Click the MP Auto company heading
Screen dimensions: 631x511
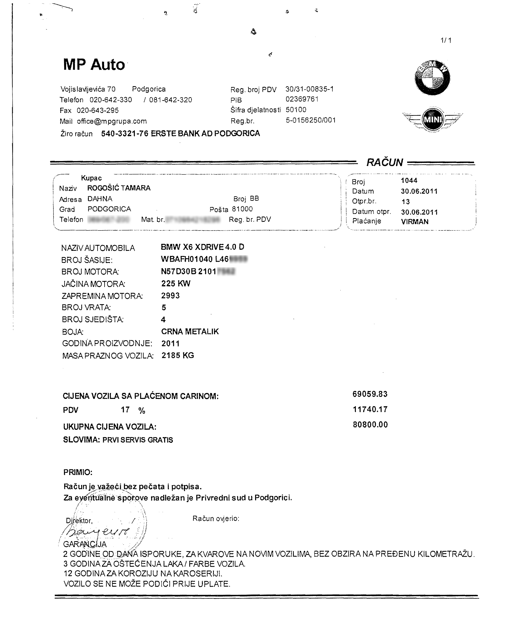pyautogui.click(x=94, y=64)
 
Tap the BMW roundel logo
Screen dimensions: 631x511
pyautogui.click(x=432, y=78)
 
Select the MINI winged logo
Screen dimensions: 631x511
pyautogui.click(x=432, y=119)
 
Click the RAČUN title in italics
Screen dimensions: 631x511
pyautogui.click(x=384, y=162)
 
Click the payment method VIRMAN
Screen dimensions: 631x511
pyautogui.click(x=414, y=222)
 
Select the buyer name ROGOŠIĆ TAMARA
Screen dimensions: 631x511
pyautogui.click(x=119, y=188)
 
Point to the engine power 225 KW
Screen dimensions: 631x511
pyautogui.click(x=176, y=283)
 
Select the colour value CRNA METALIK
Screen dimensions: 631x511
pyautogui.click(x=190, y=332)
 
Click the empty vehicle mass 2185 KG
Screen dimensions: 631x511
pyautogui.click(x=177, y=355)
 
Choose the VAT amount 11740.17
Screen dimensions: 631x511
pyautogui.click(x=370, y=409)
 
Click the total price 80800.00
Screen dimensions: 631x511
pyautogui.click(x=370, y=424)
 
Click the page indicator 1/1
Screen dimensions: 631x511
pyautogui.click(x=446, y=40)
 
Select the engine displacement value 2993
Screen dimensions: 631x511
pyautogui.click(x=170, y=295)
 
